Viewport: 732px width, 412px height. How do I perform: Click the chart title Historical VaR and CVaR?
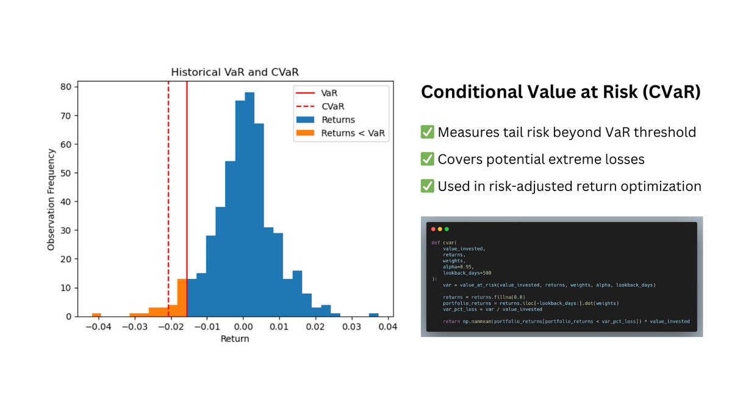click(234, 71)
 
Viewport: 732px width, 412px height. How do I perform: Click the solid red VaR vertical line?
click(187, 183)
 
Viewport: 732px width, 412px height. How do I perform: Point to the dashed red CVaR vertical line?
click(168, 183)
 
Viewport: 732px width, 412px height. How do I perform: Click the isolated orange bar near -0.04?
click(96, 314)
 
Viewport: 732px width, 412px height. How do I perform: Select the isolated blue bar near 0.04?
click(373, 314)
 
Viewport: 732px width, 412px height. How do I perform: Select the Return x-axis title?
click(235, 339)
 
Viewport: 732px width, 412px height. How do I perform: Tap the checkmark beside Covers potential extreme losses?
click(428, 159)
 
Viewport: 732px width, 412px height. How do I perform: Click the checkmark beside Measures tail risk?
click(428, 132)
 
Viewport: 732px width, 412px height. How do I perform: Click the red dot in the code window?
click(433, 229)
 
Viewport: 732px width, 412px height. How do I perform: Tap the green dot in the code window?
click(447, 229)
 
